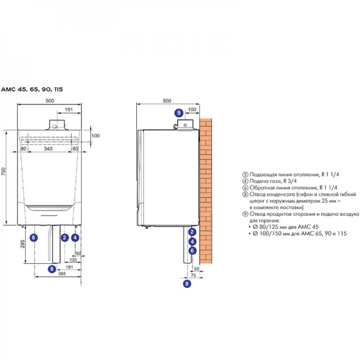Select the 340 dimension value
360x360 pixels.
(x=48, y=148)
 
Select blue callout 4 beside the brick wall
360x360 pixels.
(x=193, y=242)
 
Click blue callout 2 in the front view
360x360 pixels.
(x=65, y=237)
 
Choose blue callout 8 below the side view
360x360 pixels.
(x=186, y=284)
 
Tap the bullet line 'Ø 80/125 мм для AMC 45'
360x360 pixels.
(x=286, y=227)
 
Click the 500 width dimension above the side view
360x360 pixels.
(x=167, y=101)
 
